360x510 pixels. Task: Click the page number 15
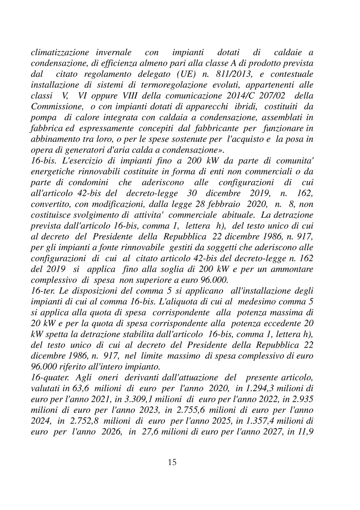coord(172,462)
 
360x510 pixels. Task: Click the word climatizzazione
coord(60,53)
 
